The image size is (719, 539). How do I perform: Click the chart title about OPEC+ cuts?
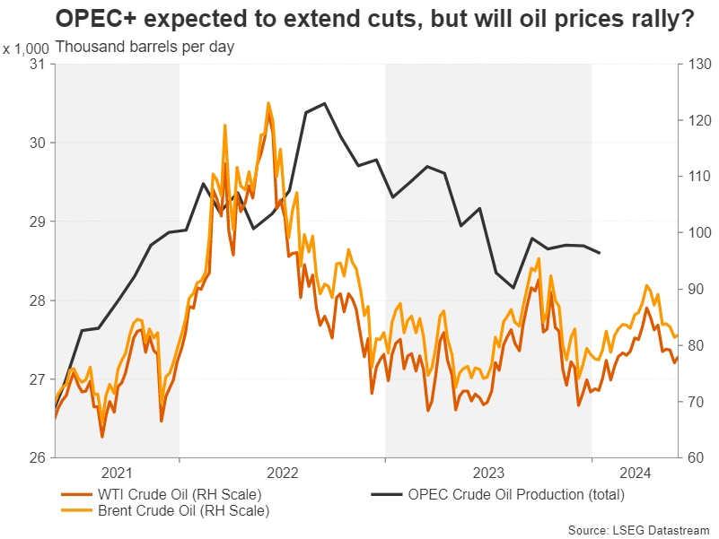[x=375, y=20]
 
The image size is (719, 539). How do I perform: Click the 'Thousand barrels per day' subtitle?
[x=145, y=47]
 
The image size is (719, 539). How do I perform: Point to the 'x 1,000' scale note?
[x=27, y=47]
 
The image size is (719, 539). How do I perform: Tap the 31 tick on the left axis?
[x=39, y=64]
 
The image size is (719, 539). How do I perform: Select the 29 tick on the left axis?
[x=39, y=222]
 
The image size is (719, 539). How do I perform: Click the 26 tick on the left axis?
[x=39, y=458]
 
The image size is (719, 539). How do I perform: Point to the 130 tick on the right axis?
[x=696, y=64]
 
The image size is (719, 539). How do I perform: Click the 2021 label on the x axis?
[x=118, y=472]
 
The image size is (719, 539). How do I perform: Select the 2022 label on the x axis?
[x=282, y=472]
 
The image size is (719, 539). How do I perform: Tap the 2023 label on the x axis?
[x=488, y=472]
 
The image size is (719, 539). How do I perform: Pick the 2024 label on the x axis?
[x=634, y=472]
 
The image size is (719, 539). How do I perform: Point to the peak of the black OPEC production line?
[x=324, y=103]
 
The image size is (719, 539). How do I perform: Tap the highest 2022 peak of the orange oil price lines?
[x=267, y=103]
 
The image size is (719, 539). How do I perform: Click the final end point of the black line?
[x=600, y=253]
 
